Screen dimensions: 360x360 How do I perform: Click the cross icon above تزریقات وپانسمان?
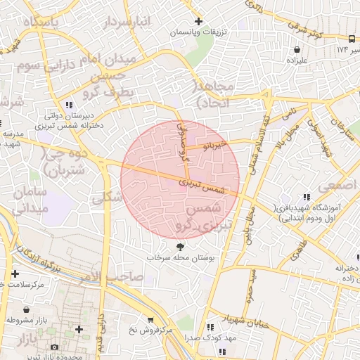click(x=199, y=22)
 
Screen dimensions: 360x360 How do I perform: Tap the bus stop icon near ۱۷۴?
click(x=352, y=39)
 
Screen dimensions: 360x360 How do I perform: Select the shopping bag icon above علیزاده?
click(x=298, y=49)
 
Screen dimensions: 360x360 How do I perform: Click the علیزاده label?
click(x=299, y=60)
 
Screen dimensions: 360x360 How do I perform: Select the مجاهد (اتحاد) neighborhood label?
click(x=218, y=94)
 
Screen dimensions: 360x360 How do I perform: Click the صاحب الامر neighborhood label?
click(x=124, y=277)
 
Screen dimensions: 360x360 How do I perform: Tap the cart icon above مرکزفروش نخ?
click(x=149, y=319)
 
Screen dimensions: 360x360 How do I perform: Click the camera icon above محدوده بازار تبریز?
click(x=55, y=347)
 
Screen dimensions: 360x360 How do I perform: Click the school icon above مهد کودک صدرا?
click(x=210, y=327)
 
